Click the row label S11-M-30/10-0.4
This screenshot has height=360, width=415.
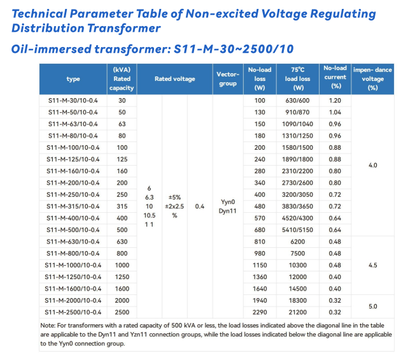point(73,101)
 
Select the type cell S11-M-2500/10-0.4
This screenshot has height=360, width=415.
point(73,312)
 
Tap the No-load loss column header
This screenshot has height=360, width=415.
point(260,79)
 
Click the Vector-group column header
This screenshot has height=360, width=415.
point(228,79)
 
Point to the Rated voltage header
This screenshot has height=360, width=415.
point(174,79)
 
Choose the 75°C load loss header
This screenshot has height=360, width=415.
point(297,79)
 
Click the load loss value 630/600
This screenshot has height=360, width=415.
point(297,101)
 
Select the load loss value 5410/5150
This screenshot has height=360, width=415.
point(297,229)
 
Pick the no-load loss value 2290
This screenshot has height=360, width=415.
point(260,312)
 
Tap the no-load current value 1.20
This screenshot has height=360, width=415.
point(335,101)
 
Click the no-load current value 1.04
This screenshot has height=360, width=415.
point(335,112)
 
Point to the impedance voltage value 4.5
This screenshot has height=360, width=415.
point(373,264)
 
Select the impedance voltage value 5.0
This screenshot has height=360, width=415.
point(373,306)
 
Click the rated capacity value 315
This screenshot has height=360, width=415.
point(122,206)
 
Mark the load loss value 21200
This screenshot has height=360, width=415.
point(297,312)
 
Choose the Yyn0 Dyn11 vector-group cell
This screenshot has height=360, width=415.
point(228,206)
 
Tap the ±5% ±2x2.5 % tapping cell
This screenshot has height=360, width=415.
point(174,206)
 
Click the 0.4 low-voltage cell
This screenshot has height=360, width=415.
point(200,206)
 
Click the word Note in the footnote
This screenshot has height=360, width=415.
point(48,325)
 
